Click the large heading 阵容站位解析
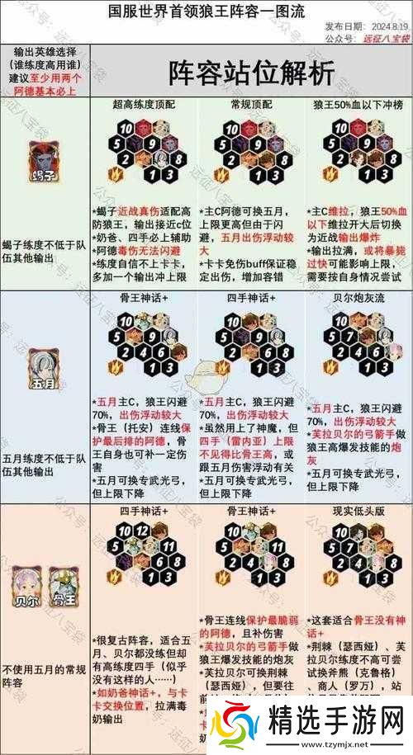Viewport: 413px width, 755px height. click(252, 72)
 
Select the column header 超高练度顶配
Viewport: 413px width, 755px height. click(145, 105)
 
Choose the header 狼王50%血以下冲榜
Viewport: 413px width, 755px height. click(357, 105)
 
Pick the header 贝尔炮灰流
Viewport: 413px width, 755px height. click(357, 297)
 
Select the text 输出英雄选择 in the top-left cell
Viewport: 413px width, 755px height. click(43, 51)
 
